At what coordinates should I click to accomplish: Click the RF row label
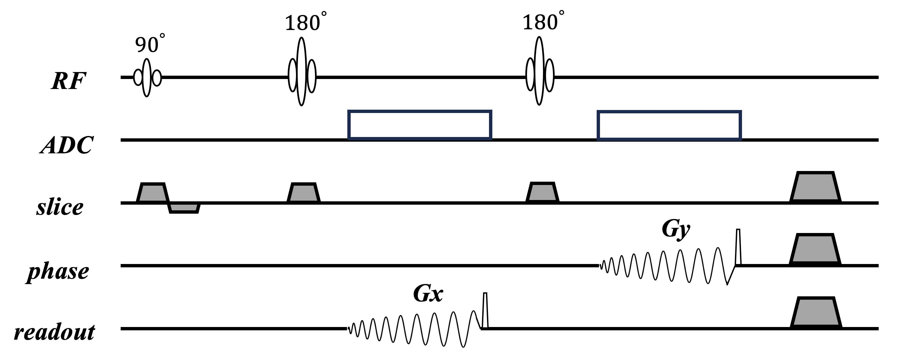[x=68, y=81]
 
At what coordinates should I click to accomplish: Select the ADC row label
[x=67, y=145]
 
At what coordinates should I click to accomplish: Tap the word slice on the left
[x=60, y=207]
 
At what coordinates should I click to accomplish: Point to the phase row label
[x=58, y=272]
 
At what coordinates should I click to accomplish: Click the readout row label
[x=55, y=332]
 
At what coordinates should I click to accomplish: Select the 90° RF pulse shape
[x=147, y=78]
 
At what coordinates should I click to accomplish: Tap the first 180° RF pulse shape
[x=302, y=72]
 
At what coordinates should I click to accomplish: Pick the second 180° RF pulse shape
[x=540, y=71]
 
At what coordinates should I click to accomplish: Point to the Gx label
[x=428, y=294]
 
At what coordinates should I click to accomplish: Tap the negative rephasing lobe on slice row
[x=184, y=208]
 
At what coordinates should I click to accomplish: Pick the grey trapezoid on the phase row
[x=815, y=249]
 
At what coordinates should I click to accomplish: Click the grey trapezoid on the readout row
[x=816, y=313]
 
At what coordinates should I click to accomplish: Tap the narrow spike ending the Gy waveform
[x=738, y=247]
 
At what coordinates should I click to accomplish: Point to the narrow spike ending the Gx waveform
[x=485, y=310]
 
